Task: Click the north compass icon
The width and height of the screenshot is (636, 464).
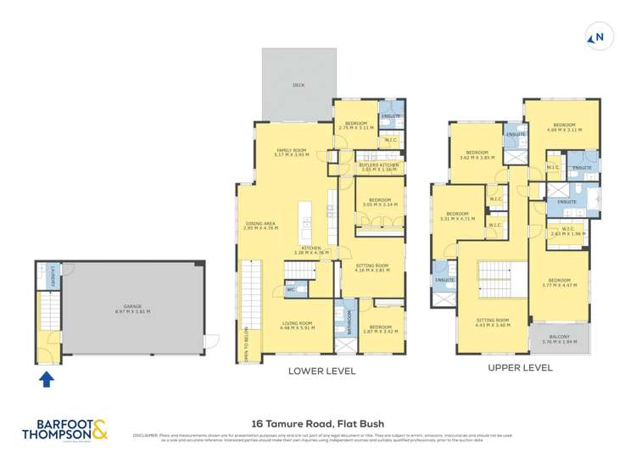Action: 598,36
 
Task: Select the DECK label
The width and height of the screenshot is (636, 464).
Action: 298,86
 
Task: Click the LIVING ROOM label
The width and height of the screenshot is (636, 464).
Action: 298,325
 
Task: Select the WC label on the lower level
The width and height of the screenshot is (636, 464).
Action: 291,289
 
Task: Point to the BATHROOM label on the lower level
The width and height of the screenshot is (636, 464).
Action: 347,323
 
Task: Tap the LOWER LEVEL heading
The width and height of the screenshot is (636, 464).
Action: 321,371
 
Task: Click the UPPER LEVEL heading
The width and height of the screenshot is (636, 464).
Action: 520,368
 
